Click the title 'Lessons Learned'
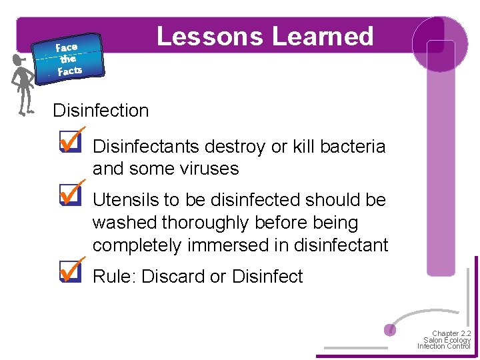pyautogui.click(x=265, y=36)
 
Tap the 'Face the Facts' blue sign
pyautogui.click(x=69, y=58)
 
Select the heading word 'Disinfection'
pyautogui.click(x=101, y=111)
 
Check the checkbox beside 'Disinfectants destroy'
pyautogui.click(x=69, y=143)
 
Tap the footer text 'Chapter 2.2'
pyautogui.click(x=451, y=333)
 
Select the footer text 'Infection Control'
pyautogui.click(x=444, y=346)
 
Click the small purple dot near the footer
pyautogui.click(x=391, y=329)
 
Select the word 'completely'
pyautogui.click(x=137, y=246)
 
